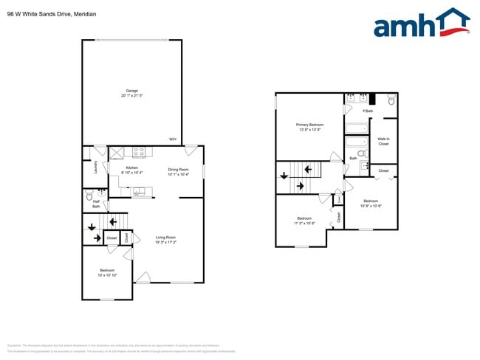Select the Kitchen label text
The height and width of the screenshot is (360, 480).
(132, 167)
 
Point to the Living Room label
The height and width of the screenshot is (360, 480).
(165, 237)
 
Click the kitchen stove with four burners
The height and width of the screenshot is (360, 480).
(138, 153)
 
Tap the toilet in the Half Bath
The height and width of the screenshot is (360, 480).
(89, 198)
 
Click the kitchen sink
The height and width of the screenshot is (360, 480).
(137, 193)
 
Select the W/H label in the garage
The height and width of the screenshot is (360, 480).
(172, 139)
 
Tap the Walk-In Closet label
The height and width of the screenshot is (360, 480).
(383, 141)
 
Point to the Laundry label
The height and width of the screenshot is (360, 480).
(96, 167)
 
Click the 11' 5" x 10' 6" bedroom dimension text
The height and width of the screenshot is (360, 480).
(305, 224)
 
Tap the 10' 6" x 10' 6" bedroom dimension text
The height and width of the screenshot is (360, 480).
(370, 206)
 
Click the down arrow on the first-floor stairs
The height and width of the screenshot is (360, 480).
(92, 227)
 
